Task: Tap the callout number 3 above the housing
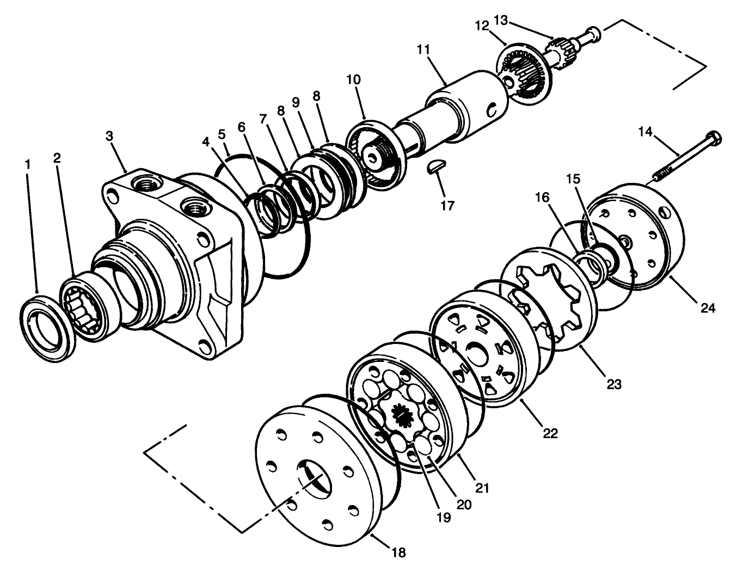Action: [x=109, y=136]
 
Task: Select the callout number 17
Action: [x=448, y=205]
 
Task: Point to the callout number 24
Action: [x=708, y=308]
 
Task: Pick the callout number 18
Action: [x=398, y=553]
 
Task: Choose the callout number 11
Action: [x=423, y=50]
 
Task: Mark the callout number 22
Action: [x=550, y=433]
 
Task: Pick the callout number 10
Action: [x=353, y=79]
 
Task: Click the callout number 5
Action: [x=222, y=133]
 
